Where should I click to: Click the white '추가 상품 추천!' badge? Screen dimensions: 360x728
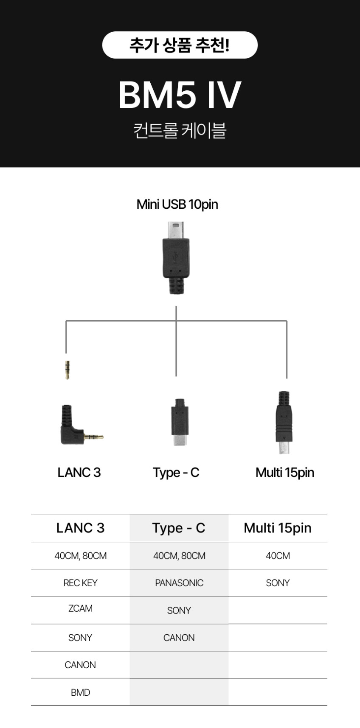tap(180, 45)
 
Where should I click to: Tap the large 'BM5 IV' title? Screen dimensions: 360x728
tap(180, 95)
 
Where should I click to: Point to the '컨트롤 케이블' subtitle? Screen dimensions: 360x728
tap(180, 130)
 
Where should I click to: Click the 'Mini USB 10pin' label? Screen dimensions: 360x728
tap(177, 204)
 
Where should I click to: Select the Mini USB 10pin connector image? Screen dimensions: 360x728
tap(175, 258)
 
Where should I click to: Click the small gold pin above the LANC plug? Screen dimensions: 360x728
tap(67, 370)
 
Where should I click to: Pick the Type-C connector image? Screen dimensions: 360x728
tap(180, 422)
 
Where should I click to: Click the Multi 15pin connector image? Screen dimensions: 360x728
tap(284, 422)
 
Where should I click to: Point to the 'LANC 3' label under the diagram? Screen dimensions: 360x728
tap(79, 473)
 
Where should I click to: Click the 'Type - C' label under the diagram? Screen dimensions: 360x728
tap(176, 473)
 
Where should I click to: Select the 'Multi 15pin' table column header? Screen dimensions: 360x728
tap(278, 528)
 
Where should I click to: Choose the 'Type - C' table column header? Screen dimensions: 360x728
tap(179, 528)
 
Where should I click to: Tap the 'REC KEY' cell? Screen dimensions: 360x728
tap(80, 583)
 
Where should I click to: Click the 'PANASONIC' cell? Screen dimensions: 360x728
tap(179, 583)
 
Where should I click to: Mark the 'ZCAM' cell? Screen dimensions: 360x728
tap(80, 608)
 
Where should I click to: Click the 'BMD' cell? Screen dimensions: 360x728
tap(80, 692)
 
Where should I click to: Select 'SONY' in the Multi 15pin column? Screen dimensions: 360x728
tap(278, 583)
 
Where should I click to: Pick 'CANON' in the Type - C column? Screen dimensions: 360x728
tap(179, 638)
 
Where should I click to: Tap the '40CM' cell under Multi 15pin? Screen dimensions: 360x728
tap(278, 556)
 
